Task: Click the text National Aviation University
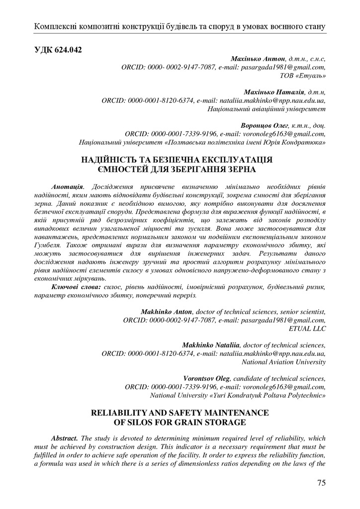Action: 283,362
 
